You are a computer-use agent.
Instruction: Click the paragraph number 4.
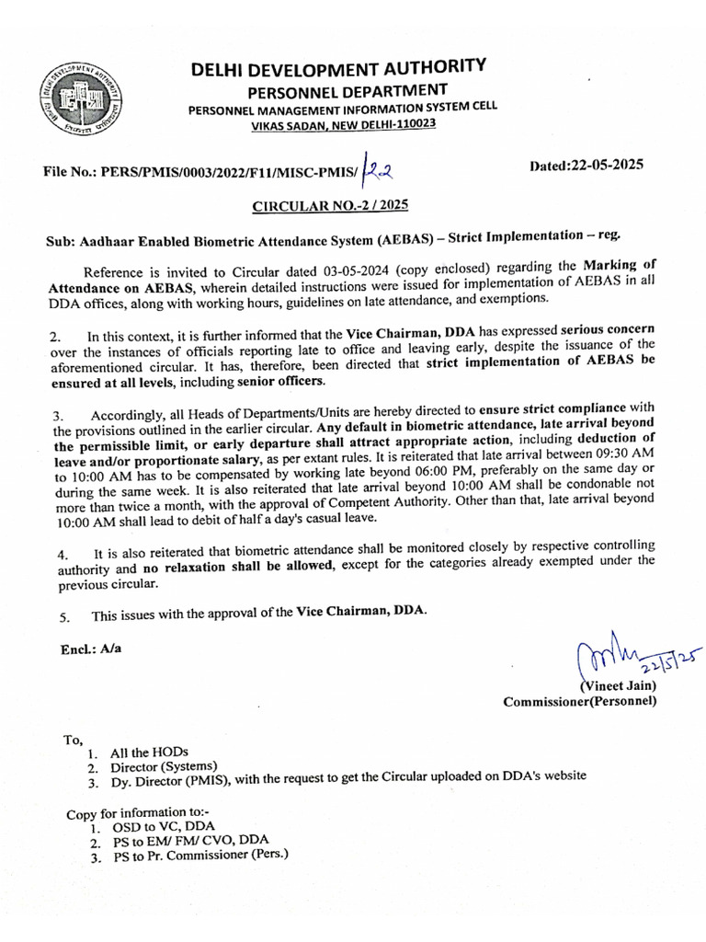coord(61,555)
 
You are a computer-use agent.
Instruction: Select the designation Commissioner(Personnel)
coord(580,703)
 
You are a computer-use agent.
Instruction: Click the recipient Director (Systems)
coord(165,766)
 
